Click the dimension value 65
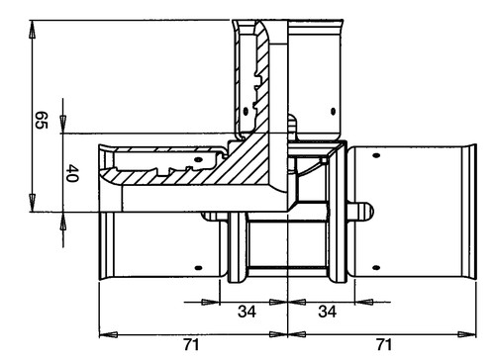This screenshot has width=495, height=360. point(42,121)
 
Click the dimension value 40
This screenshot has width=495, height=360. point(72,173)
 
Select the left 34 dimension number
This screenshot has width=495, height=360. point(247,312)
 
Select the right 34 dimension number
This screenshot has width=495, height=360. point(327,312)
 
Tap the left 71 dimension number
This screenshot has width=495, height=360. point(192,345)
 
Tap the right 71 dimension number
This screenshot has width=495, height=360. point(384,345)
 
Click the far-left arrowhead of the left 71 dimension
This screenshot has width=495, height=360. point(108,334)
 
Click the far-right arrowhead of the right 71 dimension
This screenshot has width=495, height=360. point(467,334)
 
